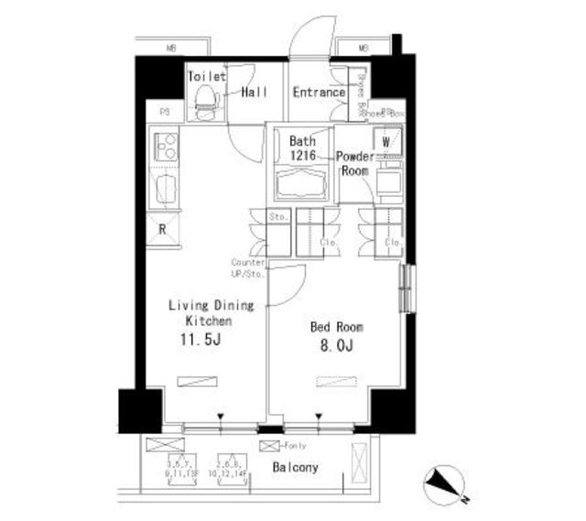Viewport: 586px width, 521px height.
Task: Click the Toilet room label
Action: click(207, 77)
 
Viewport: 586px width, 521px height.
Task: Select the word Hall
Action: click(255, 92)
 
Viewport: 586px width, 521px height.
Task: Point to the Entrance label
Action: click(319, 92)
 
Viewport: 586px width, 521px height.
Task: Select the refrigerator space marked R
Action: click(162, 230)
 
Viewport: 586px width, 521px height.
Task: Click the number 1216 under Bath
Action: click(302, 157)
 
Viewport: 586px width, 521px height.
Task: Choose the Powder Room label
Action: click(354, 163)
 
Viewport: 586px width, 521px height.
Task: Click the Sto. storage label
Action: click(277, 217)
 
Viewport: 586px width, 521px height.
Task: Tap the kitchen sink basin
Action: click(166, 190)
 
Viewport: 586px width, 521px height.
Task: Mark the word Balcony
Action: click(296, 468)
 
